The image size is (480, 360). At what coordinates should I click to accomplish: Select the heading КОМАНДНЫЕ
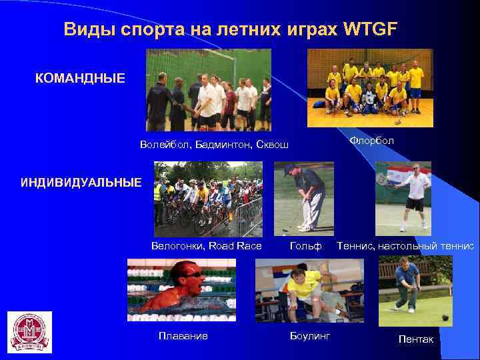[x=80, y=79]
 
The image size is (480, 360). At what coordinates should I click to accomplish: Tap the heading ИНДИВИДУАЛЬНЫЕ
[x=81, y=182]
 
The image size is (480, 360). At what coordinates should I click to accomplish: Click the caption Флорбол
[x=371, y=141]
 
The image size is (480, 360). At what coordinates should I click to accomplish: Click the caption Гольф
[x=306, y=246]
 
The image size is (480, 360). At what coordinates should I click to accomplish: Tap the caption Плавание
[x=183, y=335]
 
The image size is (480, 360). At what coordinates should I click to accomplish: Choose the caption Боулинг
[x=310, y=335]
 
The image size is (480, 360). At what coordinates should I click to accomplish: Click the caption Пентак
[x=415, y=339]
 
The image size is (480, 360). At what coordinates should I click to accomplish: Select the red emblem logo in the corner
[x=29, y=332]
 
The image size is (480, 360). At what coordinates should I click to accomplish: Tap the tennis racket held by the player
[x=382, y=178]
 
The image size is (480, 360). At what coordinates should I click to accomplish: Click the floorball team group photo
[x=369, y=87]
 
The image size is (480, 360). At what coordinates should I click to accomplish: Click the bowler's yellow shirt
[x=303, y=285]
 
